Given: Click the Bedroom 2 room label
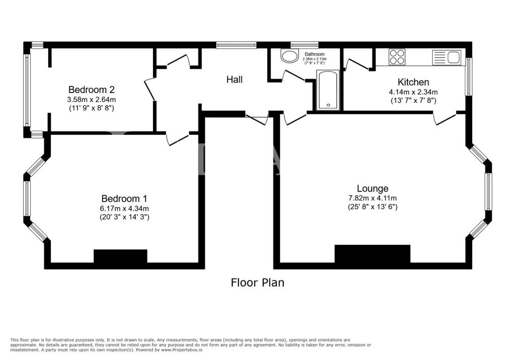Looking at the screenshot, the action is [x=92, y=89].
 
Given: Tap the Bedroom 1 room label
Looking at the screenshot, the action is [x=124, y=199].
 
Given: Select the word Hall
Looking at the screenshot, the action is [x=234, y=79].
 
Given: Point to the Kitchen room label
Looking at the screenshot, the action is [x=413, y=82].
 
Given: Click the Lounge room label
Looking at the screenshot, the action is [x=373, y=189].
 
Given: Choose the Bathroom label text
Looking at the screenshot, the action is [x=314, y=54].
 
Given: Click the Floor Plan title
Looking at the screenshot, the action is [x=257, y=283].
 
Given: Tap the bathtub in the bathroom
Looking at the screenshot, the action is [x=328, y=89].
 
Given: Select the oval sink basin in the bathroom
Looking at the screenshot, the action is [x=289, y=56].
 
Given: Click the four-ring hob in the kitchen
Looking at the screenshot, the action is [x=397, y=56].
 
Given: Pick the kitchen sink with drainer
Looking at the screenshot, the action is [x=447, y=57].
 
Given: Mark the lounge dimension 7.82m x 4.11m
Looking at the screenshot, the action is [x=373, y=198].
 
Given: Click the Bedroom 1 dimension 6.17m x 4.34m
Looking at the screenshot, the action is [x=124, y=208].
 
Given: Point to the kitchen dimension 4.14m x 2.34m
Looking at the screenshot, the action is [x=413, y=92].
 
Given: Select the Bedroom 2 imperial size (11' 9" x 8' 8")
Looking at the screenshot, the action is [x=92, y=108].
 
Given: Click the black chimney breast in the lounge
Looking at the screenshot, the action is [x=373, y=254].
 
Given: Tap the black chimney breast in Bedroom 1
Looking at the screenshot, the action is [x=121, y=256].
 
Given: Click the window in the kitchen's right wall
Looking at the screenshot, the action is [x=469, y=77].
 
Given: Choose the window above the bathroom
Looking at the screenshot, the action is [x=304, y=45].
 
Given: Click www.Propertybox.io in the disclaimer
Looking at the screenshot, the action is [x=182, y=350].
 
